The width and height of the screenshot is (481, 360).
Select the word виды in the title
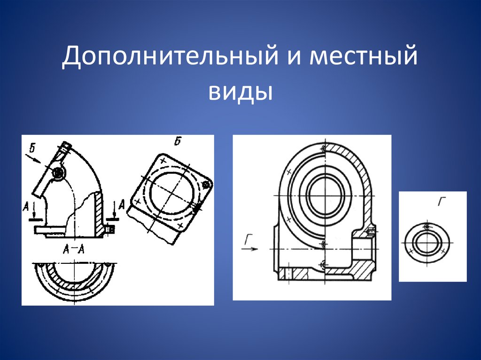pyautogui.click(x=240, y=90)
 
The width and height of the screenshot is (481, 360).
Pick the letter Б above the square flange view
pyautogui.click(x=178, y=140)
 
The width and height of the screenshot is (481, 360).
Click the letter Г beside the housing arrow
pyautogui.click(x=248, y=240)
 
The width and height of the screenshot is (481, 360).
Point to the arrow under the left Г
pyautogui.click(x=250, y=249)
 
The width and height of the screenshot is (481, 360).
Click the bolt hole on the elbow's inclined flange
pyautogui.click(x=58, y=173)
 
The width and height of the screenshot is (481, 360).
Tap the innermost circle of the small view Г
pyautogui.click(x=426, y=243)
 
